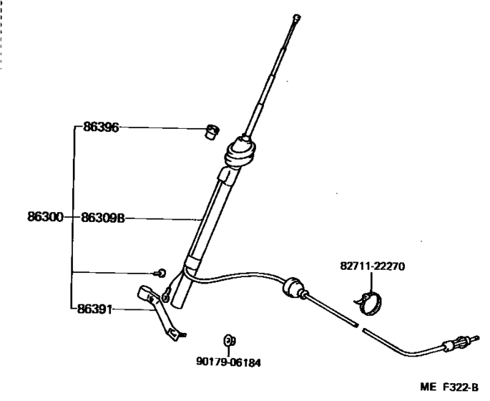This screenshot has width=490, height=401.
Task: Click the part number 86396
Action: [x=100, y=127]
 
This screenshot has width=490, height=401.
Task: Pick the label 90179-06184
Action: [x=227, y=362]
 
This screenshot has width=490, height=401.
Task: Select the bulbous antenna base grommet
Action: [x=240, y=153]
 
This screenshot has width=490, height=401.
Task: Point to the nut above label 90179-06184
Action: [x=229, y=339]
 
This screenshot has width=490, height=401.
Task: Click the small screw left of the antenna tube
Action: [x=162, y=272]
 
